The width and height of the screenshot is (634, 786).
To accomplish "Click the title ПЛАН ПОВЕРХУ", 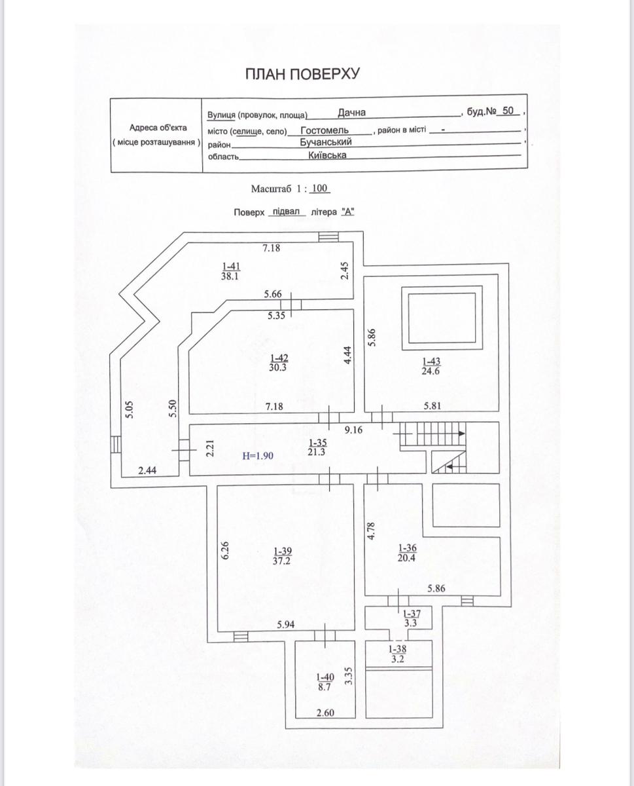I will (302, 73).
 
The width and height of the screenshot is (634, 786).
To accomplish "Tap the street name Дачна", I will (352, 112).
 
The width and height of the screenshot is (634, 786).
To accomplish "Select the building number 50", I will (508, 111).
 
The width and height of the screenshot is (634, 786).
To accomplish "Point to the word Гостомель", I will (325, 130).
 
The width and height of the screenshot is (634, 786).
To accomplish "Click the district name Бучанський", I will (326, 142).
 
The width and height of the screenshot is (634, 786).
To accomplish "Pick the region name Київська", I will (326, 156).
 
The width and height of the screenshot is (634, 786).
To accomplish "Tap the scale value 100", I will (319, 189).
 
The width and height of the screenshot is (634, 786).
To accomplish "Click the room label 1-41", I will (232, 266).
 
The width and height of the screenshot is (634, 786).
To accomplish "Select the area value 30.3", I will (278, 367).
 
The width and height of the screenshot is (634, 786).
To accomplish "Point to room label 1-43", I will (431, 361).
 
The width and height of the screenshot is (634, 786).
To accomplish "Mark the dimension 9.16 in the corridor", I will (354, 431).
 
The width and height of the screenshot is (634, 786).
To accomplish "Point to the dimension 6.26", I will (225, 548).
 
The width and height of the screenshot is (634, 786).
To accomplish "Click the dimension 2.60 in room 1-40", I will (325, 713).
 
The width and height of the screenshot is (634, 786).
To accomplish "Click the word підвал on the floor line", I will (285, 212).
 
